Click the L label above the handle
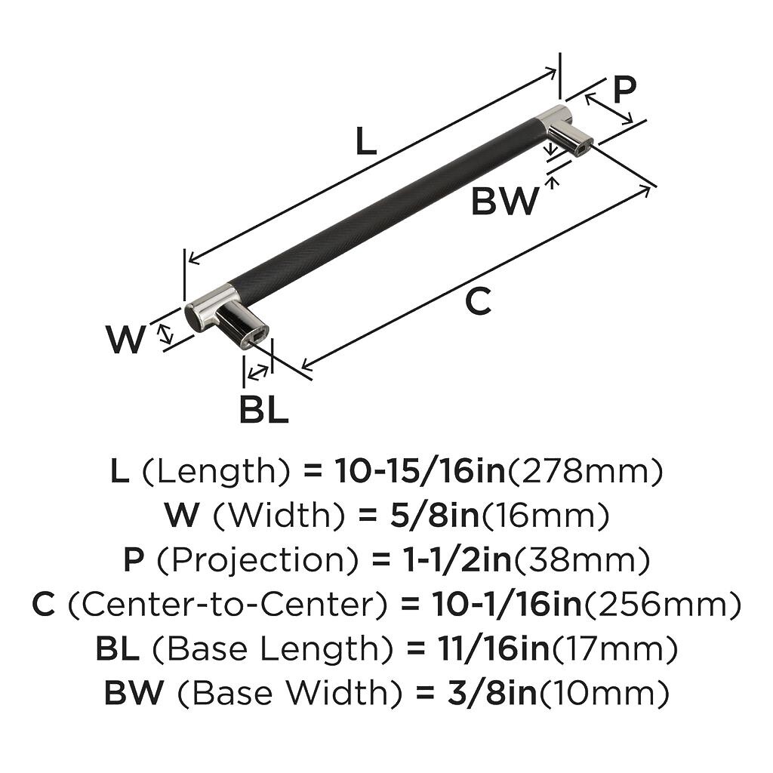(x=365, y=141)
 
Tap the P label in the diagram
(x=624, y=90)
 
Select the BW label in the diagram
(x=505, y=202)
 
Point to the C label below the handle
(x=478, y=302)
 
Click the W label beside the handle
(x=125, y=340)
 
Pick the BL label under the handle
(x=263, y=410)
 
